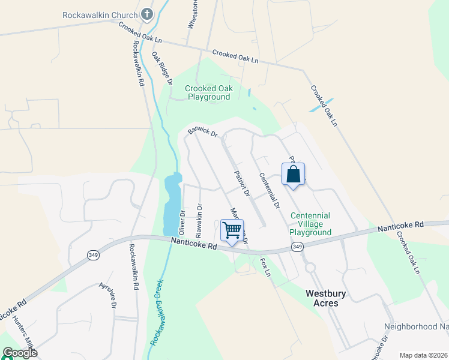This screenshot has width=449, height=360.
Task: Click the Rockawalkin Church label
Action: pos(101,13)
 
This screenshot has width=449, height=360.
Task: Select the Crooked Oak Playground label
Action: pos(208,92)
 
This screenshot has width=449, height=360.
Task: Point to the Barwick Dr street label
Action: pos(202,131)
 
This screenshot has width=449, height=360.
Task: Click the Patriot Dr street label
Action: pos(241,184)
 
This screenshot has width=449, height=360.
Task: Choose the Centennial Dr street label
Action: pos(270,191)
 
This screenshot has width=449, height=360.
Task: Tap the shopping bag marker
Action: pos(293,175)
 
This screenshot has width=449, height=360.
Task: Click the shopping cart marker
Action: pos(232,230)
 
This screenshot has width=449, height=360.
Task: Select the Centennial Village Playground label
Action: pos(310,224)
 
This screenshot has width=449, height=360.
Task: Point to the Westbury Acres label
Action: pos(330,298)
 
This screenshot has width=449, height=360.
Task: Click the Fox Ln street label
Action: pos(265,267)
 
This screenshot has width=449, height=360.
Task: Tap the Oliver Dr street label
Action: pos(182,223)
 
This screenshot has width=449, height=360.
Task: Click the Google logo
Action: pos(20,353)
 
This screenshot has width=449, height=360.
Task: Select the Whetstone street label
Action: pos(193,15)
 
